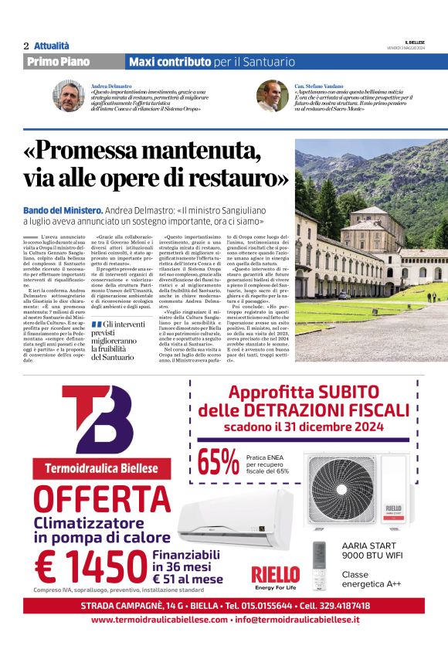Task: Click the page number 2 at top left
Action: coord(26,46)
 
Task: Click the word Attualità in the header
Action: coord(52,46)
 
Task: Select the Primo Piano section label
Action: coord(58,62)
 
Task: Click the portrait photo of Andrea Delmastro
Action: coord(67,96)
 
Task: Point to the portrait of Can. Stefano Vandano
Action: coord(272,96)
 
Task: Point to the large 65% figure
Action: coord(218,462)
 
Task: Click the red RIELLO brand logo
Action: coord(275,574)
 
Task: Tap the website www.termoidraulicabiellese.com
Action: coord(159,620)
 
